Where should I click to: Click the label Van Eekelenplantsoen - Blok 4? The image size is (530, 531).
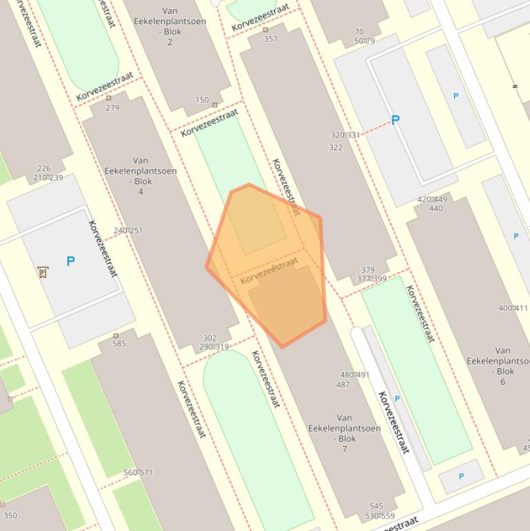(141, 175)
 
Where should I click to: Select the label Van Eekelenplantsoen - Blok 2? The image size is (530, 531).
(170, 26)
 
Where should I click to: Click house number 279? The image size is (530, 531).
(112, 108)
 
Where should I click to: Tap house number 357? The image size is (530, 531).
(271, 39)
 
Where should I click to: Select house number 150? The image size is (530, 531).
(202, 100)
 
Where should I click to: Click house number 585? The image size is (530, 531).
(119, 343)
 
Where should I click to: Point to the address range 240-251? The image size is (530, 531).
(128, 230)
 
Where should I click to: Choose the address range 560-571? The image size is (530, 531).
(138, 472)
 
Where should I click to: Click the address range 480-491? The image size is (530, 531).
(354, 375)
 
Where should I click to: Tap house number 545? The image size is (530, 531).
(376, 506)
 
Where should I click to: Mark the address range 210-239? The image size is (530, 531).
(48, 177)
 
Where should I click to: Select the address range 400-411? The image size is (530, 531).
(513, 308)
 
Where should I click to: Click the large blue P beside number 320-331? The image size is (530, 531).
(395, 120)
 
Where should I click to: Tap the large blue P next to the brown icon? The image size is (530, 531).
(70, 261)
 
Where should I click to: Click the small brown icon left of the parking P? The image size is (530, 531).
(43, 272)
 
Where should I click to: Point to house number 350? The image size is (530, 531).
(10, 515)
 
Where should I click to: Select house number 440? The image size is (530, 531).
(436, 208)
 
